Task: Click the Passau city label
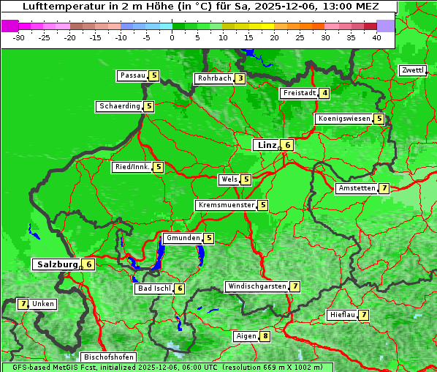[132, 75]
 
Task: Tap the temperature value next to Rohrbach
[240, 78]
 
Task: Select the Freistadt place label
[299, 93]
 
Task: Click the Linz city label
[266, 145]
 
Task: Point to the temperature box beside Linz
[288, 145]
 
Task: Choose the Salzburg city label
[56, 264]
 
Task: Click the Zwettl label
[413, 70]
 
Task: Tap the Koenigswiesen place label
[343, 119]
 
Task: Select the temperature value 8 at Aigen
[265, 336]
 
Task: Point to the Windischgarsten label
[256, 286]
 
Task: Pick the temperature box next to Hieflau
[363, 315]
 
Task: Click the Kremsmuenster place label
[226, 205]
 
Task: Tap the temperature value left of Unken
[23, 304]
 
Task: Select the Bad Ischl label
[153, 289]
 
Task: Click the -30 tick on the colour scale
[19, 37]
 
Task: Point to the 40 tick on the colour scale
[376, 37]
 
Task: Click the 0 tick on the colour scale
[172, 37]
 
